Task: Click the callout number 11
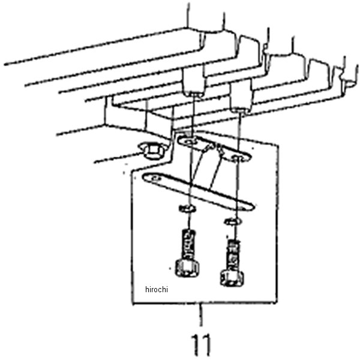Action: [201, 344]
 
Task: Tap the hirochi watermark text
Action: [157, 289]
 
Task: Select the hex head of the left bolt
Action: [187, 268]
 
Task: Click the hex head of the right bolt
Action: [232, 278]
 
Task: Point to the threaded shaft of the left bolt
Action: [188, 244]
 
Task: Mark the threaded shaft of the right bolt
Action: [233, 256]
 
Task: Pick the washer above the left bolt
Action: [187, 209]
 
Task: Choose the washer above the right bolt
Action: [233, 221]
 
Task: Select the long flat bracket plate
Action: [199, 192]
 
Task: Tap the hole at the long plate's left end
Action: [156, 178]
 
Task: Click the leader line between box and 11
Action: [202, 315]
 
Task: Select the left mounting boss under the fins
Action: [194, 81]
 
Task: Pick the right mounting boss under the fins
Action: [241, 97]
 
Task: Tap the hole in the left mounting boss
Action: [194, 95]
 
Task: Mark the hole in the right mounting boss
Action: [241, 110]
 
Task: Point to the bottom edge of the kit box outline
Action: [205, 303]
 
